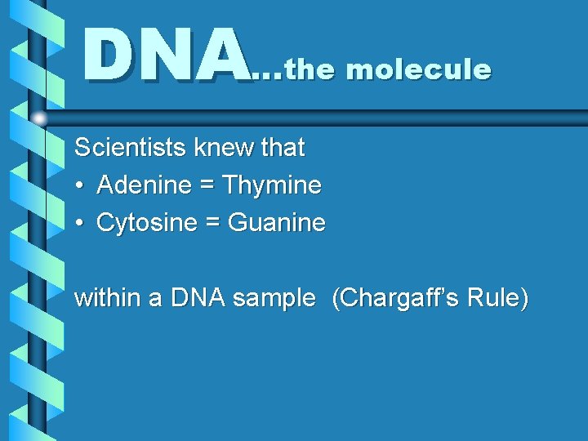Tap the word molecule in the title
click(x=418, y=70)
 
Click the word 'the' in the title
click(x=311, y=70)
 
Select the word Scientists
click(x=131, y=148)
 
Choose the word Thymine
click(x=272, y=186)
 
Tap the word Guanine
click(x=276, y=223)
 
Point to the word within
click(x=108, y=298)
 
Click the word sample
click(x=273, y=299)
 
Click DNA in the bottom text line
click(x=198, y=298)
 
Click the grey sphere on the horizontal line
click(x=38, y=119)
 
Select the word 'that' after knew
click(x=282, y=148)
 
